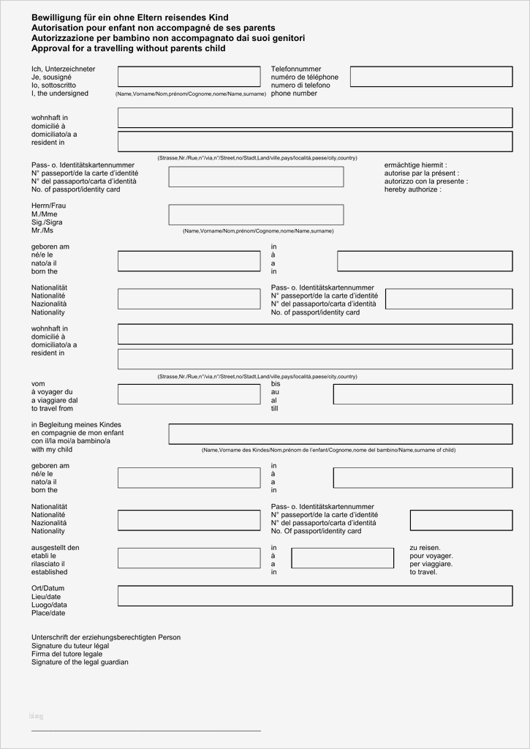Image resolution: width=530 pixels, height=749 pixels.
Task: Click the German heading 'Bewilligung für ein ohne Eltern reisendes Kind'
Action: pos(130,18)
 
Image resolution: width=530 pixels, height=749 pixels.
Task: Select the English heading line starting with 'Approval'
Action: pos(128,48)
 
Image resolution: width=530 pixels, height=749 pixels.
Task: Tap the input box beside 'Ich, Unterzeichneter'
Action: pos(189,77)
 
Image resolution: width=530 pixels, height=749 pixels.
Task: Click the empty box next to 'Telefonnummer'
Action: pos(431,77)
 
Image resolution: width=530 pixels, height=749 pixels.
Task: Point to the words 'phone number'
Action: pos(294,94)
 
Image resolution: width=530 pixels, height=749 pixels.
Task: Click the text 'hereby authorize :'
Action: pos(413,189)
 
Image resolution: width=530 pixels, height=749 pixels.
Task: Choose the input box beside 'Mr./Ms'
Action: pos(256,214)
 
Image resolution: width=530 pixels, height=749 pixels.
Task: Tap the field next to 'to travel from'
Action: pos(189,394)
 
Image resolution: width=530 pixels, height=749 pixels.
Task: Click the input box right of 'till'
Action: pos(423,394)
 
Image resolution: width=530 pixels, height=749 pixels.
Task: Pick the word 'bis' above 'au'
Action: pos(276,384)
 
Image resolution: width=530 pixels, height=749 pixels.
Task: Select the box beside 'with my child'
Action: pos(340,434)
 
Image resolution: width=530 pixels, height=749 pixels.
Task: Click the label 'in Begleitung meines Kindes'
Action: pos(76,425)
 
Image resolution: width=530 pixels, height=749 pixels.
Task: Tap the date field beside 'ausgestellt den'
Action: pos(189,558)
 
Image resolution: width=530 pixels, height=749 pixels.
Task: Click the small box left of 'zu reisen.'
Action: pos(333,558)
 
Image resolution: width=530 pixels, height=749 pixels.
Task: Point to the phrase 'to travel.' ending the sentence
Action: pos(423,572)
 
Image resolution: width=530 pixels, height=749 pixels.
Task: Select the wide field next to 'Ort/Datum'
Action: pos(314,595)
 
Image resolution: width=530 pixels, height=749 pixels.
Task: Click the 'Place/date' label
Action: pos(48,613)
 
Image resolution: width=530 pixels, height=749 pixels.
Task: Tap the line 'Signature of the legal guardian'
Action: pos(80,662)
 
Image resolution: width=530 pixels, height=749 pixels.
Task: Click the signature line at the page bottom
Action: pos(145,730)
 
